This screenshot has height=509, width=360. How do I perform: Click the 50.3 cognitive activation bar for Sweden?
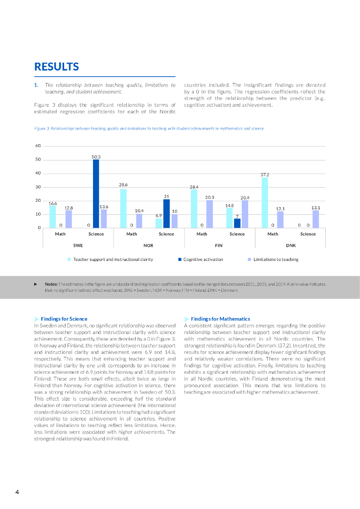96,194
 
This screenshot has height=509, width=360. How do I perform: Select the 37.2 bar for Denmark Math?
265,203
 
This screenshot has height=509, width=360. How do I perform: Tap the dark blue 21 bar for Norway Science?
167,214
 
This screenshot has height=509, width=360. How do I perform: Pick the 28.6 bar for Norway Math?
123,208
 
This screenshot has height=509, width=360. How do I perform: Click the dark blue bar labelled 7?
237,223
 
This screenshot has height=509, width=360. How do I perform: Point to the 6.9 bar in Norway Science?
159,223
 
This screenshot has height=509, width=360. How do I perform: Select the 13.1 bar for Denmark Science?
316,219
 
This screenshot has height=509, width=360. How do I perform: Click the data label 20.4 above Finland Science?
245,198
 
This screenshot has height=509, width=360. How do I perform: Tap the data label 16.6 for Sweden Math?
53,203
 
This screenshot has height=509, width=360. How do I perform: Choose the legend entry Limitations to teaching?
276,259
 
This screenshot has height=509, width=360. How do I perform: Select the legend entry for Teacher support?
113,259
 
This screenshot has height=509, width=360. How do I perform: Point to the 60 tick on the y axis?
38,146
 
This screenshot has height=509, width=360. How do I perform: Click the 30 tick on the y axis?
38,187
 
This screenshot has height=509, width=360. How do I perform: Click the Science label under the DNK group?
308,234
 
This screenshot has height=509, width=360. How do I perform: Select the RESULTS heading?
56,67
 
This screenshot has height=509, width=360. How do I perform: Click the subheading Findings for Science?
65,319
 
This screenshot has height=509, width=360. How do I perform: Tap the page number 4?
17,492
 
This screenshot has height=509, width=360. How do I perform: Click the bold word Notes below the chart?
51,284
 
